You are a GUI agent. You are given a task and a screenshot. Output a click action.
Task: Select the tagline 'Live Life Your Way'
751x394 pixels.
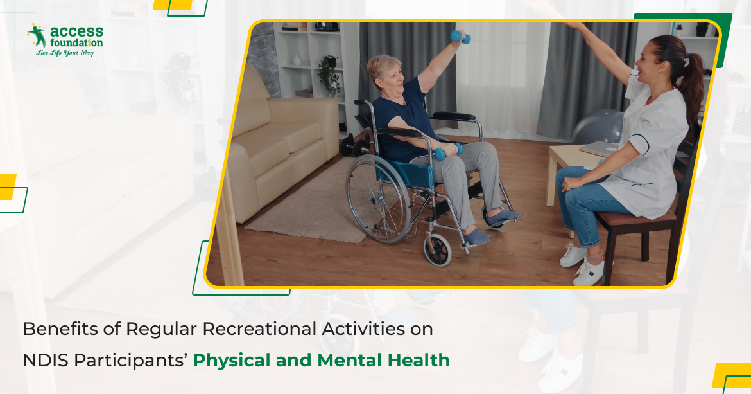65,53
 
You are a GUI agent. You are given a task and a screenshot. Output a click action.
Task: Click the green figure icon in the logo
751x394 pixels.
36,36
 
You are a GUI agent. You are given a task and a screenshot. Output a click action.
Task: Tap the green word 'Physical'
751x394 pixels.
232,361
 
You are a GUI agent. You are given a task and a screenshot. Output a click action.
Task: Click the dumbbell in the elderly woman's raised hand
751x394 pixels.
460,37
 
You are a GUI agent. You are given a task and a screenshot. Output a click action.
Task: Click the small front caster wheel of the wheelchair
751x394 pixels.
438,249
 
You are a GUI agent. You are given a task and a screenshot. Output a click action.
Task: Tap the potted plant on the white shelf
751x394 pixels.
329,74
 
